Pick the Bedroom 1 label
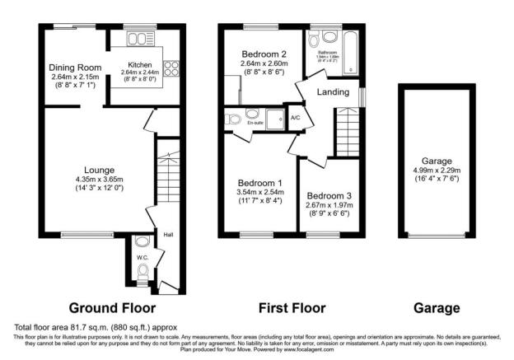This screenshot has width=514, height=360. tap(260, 183)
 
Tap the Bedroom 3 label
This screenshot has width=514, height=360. tap(329, 196)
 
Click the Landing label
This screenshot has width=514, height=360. tap(333, 91)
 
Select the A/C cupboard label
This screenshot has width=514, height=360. tap(295, 118)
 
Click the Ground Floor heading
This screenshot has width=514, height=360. tap(112, 308)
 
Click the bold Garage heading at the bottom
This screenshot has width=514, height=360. tap(437, 308)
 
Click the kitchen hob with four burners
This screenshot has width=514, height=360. tap(173, 69)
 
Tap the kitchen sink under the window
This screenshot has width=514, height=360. tap(140, 39)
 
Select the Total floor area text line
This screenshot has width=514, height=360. tap(100, 328)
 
